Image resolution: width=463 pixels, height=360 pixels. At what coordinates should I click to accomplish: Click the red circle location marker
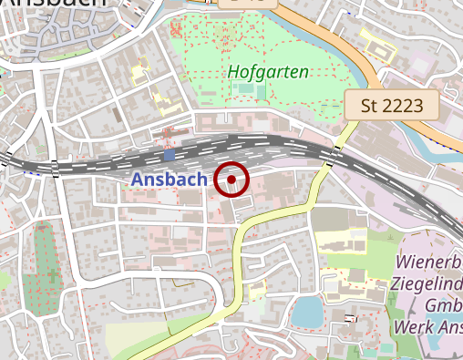pyautogui.click(x=232, y=180)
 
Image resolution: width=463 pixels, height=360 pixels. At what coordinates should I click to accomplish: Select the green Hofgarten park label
pyautogui.click(x=268, y=71)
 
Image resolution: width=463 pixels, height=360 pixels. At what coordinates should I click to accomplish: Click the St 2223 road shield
pyautogui.click(x=392, y=106)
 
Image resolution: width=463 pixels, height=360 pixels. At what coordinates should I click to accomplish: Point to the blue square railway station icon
pyautogui.click(x=169, y=155)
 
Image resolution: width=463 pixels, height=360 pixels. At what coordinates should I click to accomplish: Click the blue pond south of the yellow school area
pyautogui.click(x=307, y=313)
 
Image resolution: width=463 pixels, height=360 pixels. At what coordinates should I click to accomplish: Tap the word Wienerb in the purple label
pyautogui.click(x=429, y=262)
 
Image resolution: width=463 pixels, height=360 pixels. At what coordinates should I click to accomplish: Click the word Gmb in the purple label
pyautogui.click(x=441, y=305)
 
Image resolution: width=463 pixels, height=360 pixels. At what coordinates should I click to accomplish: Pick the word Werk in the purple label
pyautogui.click(x=411, y=326)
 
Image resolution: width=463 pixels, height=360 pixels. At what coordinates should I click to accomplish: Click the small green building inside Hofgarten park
pyautogui.click(x=242, y=88)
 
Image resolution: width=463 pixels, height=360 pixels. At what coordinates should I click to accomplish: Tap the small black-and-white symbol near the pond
pyautogui.click(x=351, y=317)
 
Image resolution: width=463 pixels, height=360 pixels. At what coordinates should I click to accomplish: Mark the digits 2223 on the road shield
pyautogui.click(x=404, y=106)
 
